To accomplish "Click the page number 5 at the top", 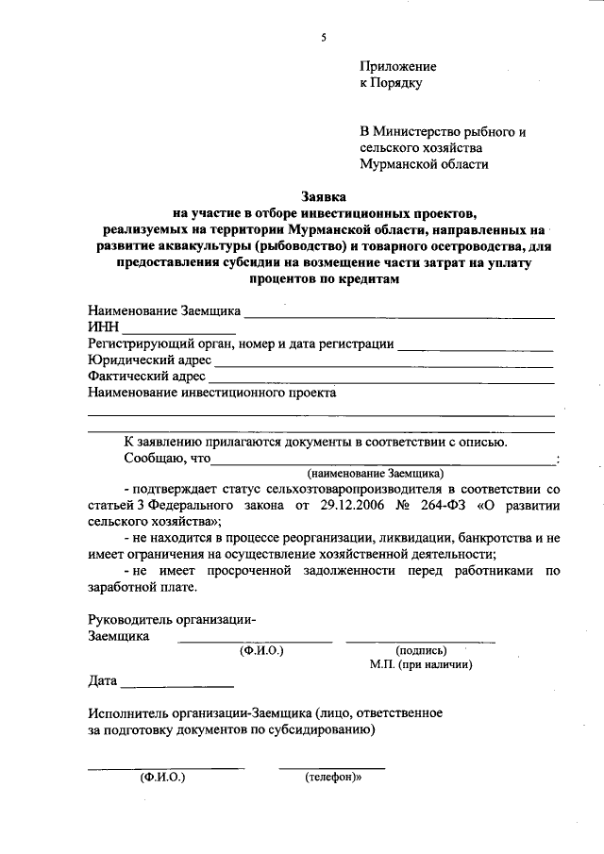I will coord(323,38).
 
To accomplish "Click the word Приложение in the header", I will coord(397,67).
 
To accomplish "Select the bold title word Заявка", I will coord(324,197).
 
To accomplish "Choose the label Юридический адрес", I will coord(149,360).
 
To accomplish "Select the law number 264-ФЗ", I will coord(441,506).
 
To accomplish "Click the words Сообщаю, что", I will coord(166,458).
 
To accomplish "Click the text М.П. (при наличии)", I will coord(420,663).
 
